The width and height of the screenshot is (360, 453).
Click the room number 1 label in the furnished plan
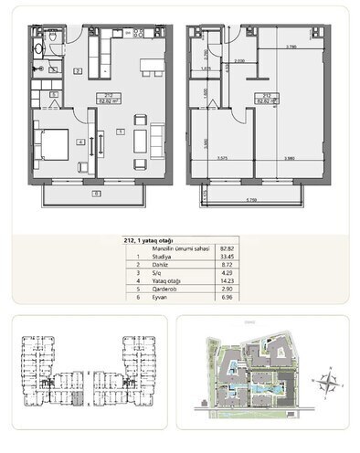click(120, 132)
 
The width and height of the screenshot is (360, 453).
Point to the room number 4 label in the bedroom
click(80, 142)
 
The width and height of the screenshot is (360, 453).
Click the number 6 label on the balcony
click(95, 194)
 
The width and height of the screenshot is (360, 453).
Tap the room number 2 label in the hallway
click(78, 70)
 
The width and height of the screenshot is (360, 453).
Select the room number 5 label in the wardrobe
click(53, 94)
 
